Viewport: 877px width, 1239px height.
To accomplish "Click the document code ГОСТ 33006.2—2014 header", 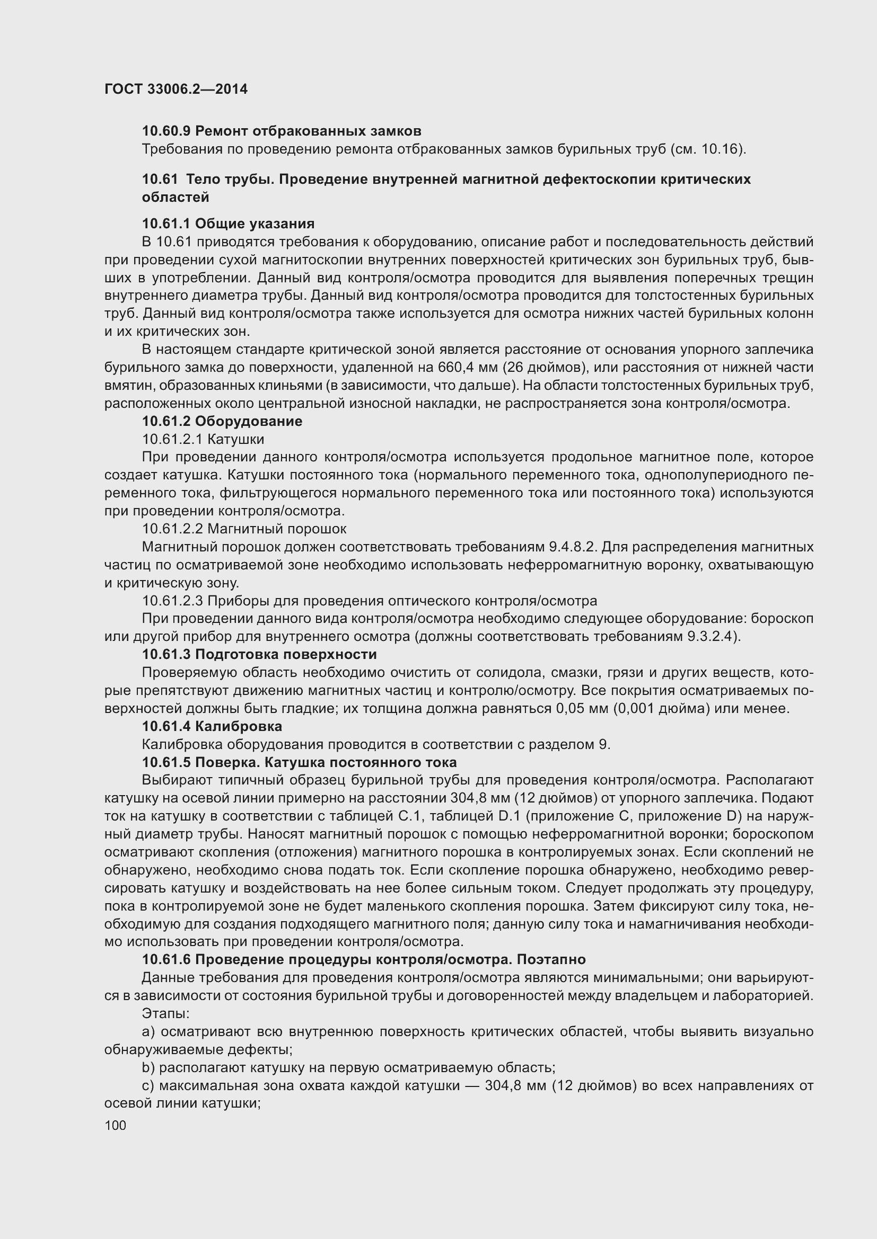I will point(176,89).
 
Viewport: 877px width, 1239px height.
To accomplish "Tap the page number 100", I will point(115,1125).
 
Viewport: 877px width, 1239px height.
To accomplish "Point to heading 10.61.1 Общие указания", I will point(228,224).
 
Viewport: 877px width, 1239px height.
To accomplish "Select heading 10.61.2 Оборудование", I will point(222,421).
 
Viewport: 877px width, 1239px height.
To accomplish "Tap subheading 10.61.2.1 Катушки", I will point(203,439).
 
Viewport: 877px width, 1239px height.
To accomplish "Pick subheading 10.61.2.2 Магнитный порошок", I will point(244,529).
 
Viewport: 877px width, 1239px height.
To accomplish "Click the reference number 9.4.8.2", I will point(572,547).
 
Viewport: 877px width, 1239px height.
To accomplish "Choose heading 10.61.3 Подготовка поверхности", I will point(259,655).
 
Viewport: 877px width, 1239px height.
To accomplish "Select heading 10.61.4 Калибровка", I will point(212,726).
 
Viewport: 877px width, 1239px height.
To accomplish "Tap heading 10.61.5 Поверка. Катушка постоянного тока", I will point(299,762).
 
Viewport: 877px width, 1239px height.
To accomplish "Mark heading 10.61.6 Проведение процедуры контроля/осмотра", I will point(363,959).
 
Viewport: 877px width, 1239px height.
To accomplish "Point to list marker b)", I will point(148,1067).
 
